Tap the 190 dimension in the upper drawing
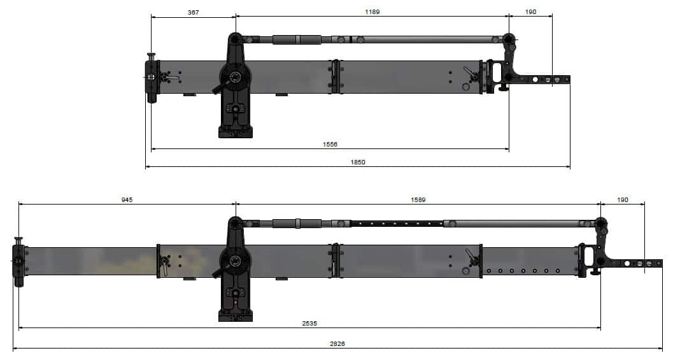530,12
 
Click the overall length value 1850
358,162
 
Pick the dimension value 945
127,199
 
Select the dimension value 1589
418,199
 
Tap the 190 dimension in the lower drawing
622,199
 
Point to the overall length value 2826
337,343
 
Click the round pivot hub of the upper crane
235,78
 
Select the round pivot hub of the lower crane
235,261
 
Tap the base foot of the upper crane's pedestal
235,132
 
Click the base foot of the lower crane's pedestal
235,315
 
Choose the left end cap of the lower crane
18,261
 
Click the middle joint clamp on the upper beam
336,76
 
